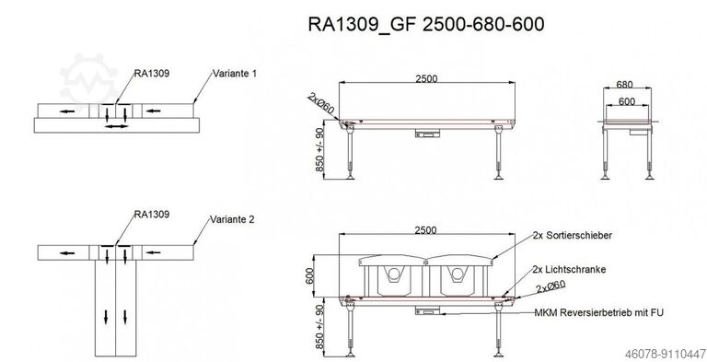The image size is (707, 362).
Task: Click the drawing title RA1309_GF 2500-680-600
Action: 426,24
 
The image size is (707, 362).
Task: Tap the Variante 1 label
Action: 235,74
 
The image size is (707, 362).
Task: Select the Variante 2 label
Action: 232,220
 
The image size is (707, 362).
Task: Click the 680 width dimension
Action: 624,85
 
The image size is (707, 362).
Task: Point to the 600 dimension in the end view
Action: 627,101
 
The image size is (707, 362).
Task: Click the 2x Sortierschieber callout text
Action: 573,235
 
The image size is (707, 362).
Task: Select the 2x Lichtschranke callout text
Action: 569,270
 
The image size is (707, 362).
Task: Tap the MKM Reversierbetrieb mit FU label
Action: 598,312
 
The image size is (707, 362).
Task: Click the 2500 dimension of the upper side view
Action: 426,78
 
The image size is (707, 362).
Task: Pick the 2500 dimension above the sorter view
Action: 425,230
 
